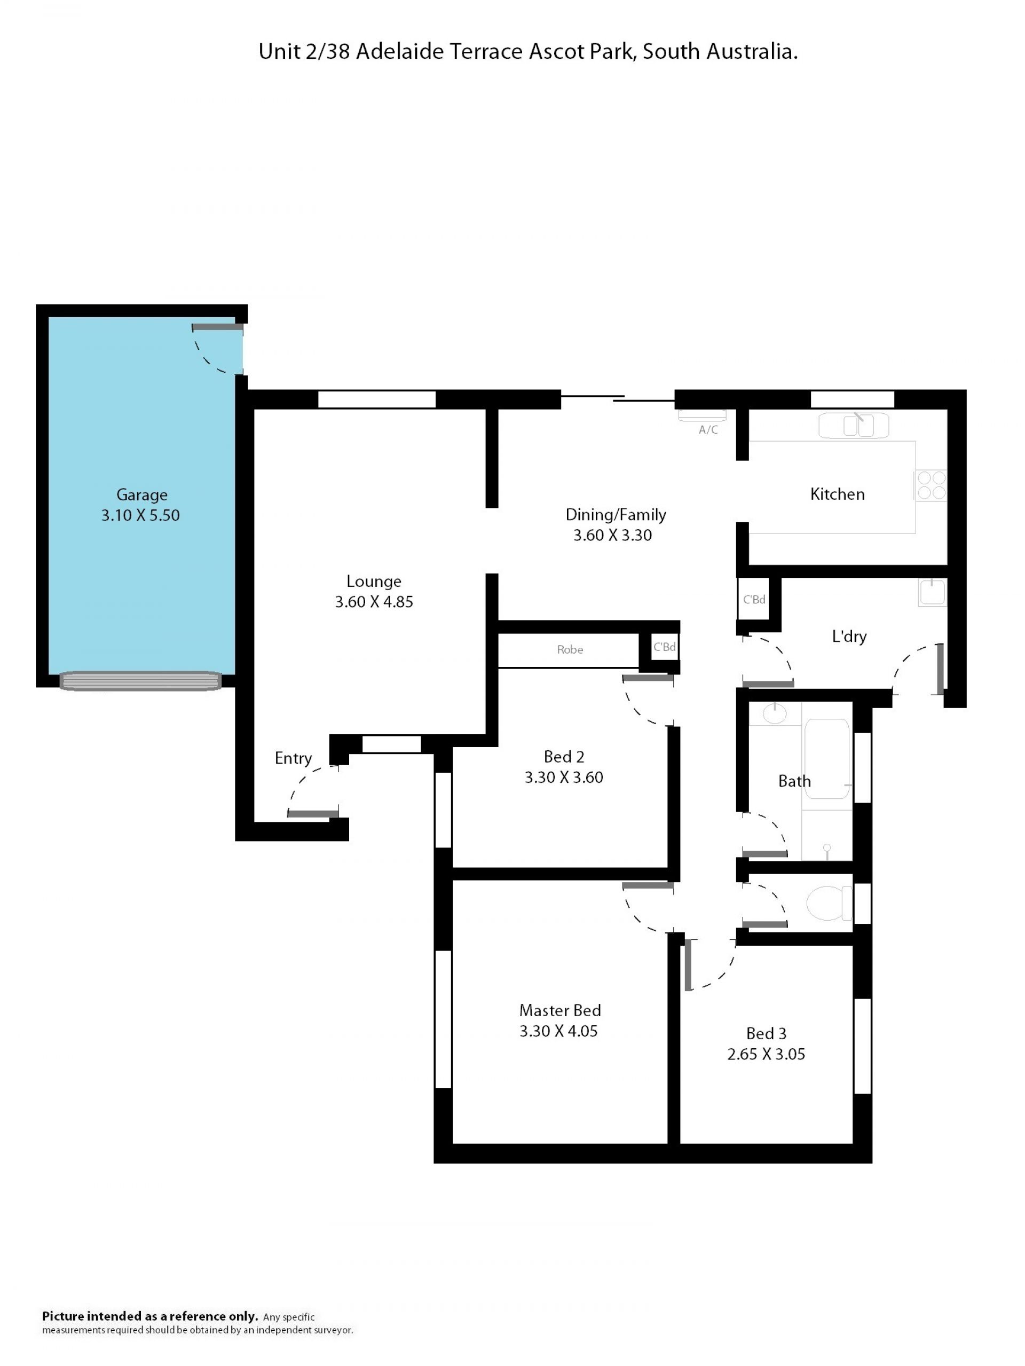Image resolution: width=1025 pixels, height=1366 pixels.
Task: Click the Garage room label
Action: click(141, 494)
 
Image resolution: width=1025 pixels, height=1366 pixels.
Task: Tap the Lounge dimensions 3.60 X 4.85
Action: click(374, 601)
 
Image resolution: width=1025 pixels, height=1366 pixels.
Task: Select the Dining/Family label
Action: click(616, 515)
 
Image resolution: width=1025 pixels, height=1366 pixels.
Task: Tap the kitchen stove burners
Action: click(931, 485)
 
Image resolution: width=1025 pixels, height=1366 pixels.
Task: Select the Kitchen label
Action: click(837, 494)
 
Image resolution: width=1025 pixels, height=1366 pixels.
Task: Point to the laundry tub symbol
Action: click(931, 593)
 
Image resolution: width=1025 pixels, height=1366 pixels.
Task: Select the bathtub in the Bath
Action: click(826, 759)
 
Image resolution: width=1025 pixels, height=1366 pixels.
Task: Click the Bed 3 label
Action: click(766, 1033)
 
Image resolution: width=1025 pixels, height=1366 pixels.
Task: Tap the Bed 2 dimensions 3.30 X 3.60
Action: click(564, 777)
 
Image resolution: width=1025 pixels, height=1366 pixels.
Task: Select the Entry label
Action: click(293, 758)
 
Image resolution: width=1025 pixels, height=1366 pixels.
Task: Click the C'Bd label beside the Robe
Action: click(665, 647)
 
